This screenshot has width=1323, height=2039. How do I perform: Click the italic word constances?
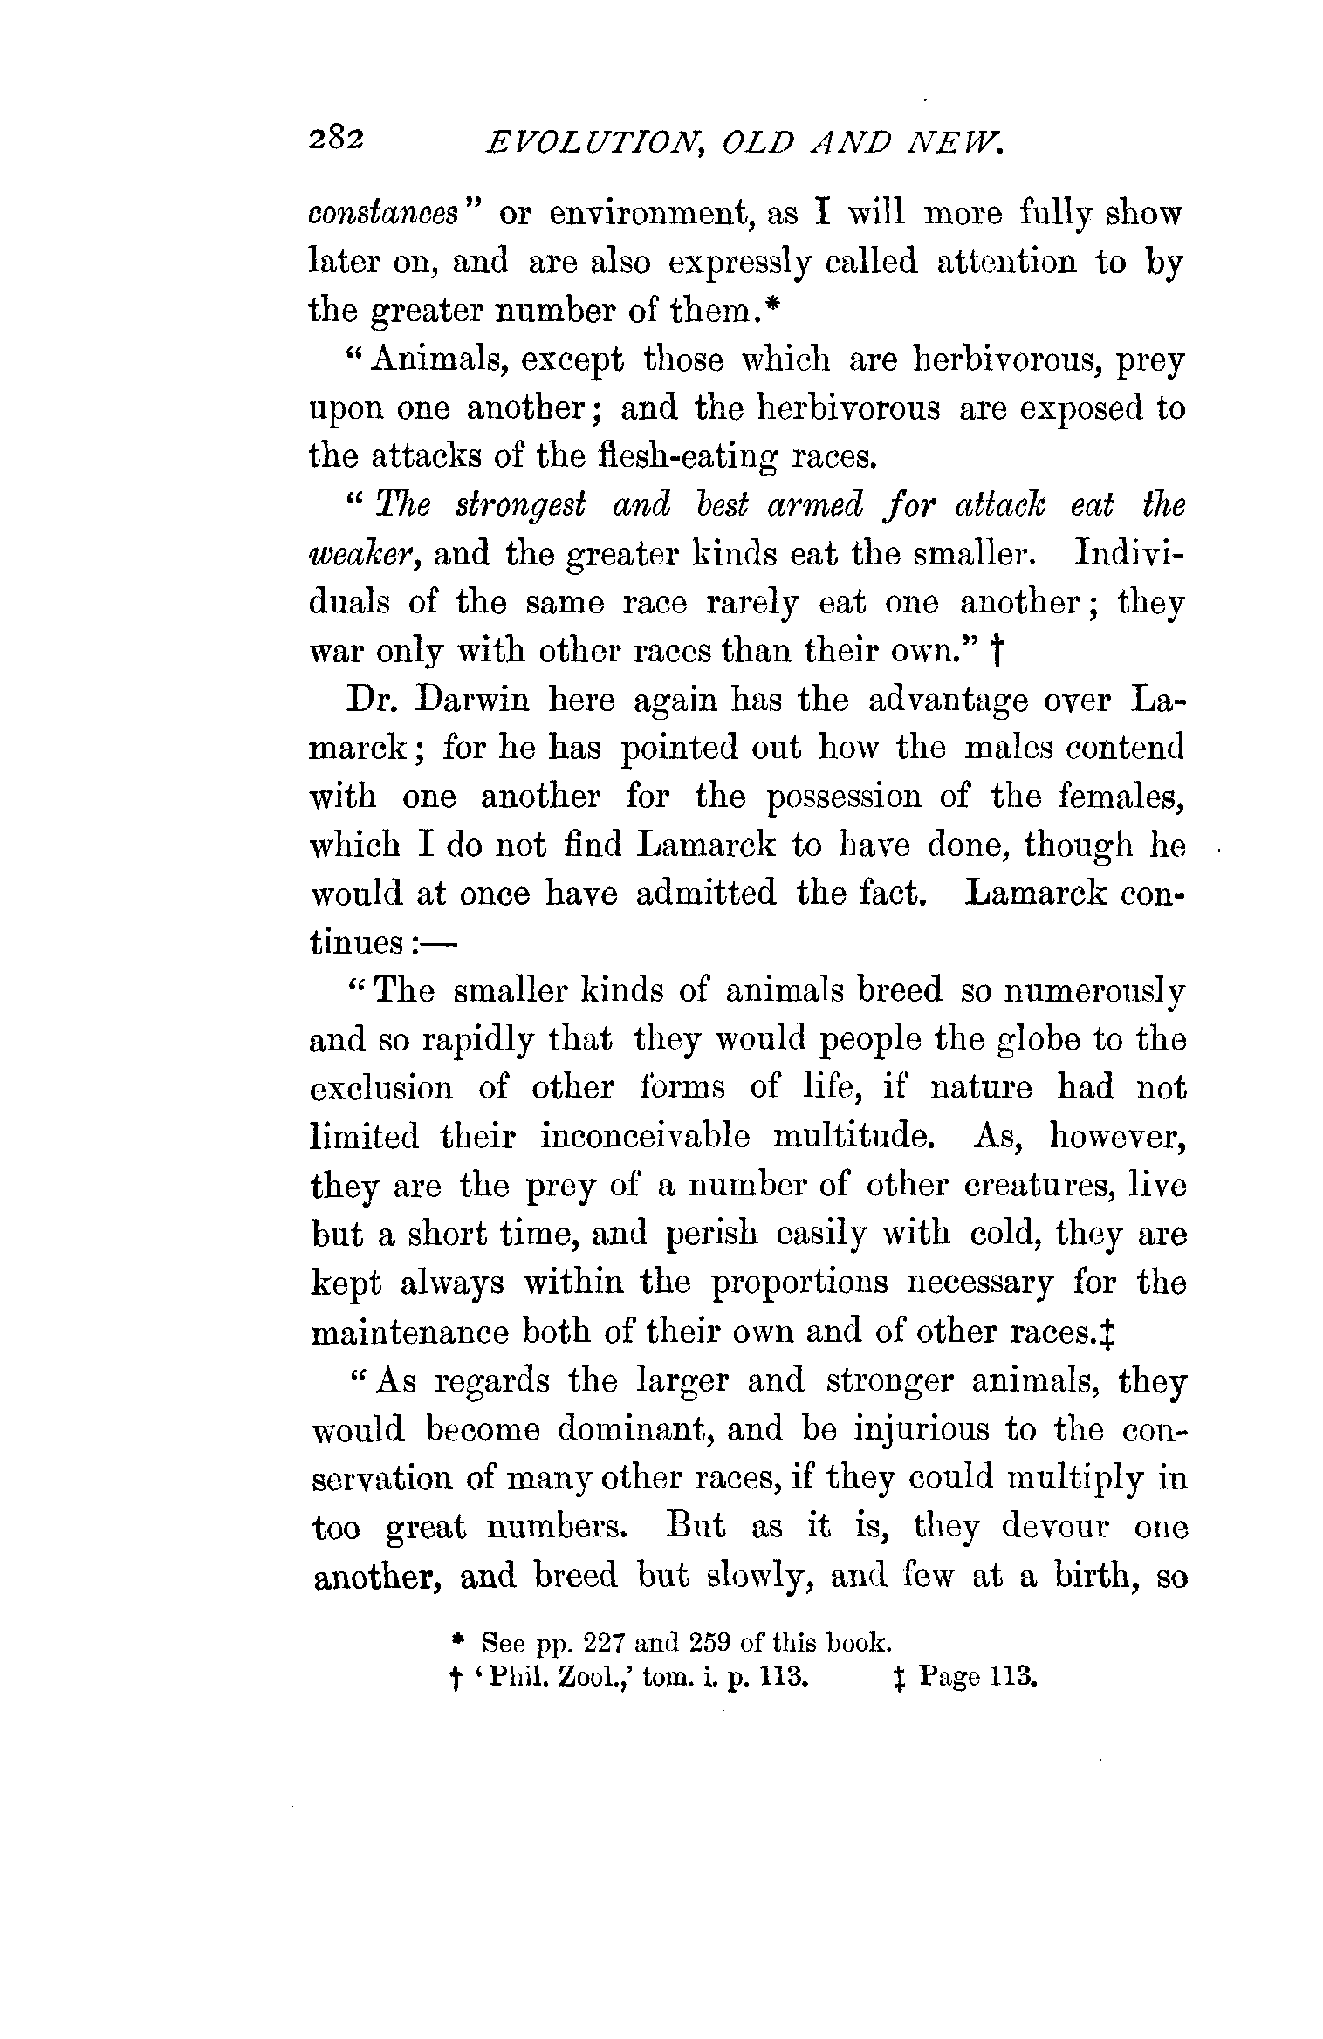384,214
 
